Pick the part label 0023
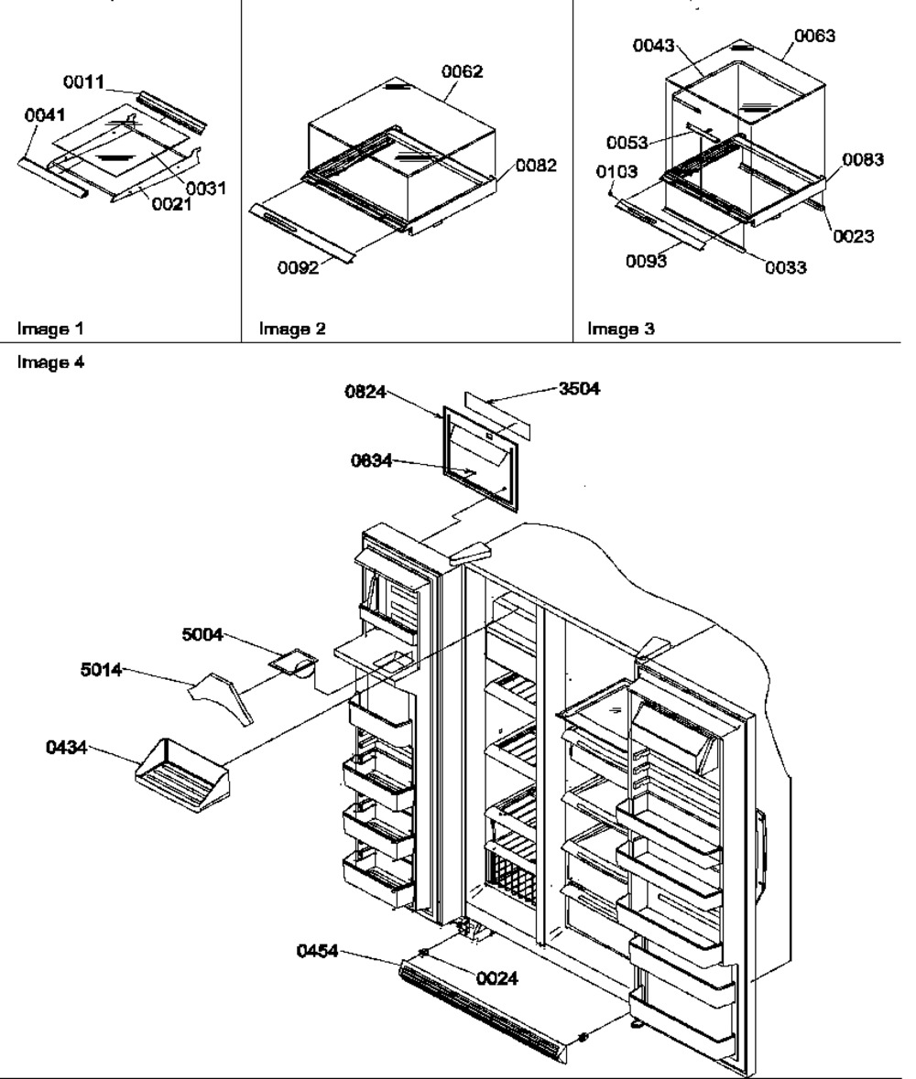pos(853,236)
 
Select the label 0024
pos(497,978)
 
